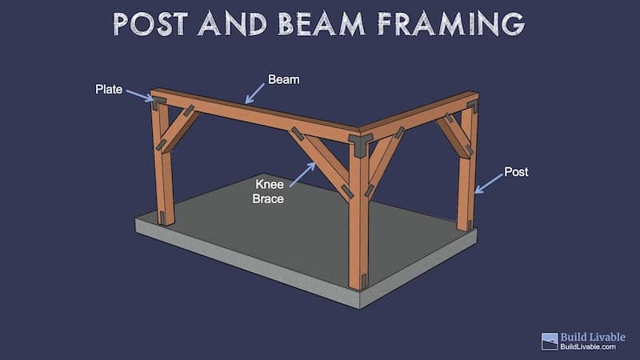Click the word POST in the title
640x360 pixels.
(x=150, y=24)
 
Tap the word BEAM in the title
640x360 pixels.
(x=322, y=24)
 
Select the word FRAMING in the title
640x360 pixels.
(x=451, y=24)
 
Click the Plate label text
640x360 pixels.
(x=109, y=90)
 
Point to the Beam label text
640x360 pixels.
(x=284, y=79)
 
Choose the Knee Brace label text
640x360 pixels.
(x=268, y=191)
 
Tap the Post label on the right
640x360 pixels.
(x=516, y=172)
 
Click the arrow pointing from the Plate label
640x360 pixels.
(x=139, y=96)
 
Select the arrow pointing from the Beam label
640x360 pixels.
(x=254, y=94)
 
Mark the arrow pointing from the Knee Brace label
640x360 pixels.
(x=302, y=174)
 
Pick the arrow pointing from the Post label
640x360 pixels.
(x=489, y=184)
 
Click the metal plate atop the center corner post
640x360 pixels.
(x=359, y=145)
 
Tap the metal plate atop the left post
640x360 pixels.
(x=158, y=102)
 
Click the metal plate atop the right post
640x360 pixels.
(x=473, y=106)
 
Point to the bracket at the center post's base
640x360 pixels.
(x=363, y=282)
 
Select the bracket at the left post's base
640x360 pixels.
(x=162, y=218)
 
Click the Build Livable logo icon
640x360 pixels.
(x=550, y=342)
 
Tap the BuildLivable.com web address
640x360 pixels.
(x=588, y=346)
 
